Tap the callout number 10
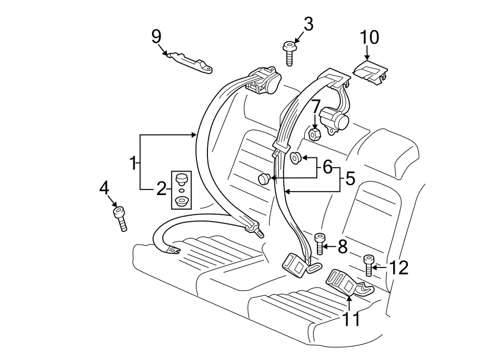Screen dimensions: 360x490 pos(369,37)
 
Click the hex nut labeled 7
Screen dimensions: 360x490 pos(314,133)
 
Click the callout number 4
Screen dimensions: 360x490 pos(105,188)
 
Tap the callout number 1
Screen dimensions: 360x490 pos(132,162)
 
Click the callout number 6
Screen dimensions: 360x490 pos(327,167)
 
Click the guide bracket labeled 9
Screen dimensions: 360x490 pos(189,62)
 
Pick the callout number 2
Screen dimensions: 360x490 pos(161,189)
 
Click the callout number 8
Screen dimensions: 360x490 pos(342,247)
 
